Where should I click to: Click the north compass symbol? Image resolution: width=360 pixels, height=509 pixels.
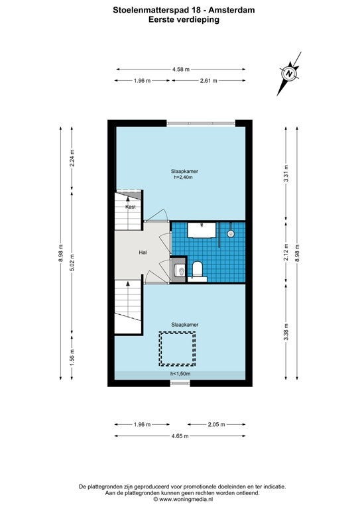(x=289, y=74)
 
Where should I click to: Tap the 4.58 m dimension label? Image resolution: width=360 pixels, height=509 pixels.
(x=181, y=69)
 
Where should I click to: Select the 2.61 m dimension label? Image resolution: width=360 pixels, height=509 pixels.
(x=208, y=80)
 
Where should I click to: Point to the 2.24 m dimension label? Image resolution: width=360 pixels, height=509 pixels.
(x=72, y=158)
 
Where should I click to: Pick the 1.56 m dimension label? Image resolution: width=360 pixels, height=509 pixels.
(x=72, y=357)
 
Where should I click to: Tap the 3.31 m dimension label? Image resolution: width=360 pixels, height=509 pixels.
(x=286, y=174)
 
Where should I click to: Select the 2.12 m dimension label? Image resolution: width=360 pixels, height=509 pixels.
(x=286, y=253)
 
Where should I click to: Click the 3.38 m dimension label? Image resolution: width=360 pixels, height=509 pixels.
(x=286, y=332)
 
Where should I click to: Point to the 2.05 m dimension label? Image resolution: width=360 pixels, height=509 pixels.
(x=217, y=424)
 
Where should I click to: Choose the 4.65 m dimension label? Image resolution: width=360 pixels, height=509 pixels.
(x=180, y=436)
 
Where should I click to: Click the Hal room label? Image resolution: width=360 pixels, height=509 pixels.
(x=143, y=253)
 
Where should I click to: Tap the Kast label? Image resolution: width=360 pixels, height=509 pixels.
(x=131, y=207)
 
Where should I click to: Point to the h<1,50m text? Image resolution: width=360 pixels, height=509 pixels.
(x=180, y=374)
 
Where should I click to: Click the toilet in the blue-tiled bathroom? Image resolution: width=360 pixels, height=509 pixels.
(x=198, y=270)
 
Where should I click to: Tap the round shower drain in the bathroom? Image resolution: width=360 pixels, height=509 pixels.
(x=231, y=233)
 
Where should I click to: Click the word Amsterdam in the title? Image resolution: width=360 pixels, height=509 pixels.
(x=232, y=10)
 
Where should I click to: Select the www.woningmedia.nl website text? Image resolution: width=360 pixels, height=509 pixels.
(x=186, y=499)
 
